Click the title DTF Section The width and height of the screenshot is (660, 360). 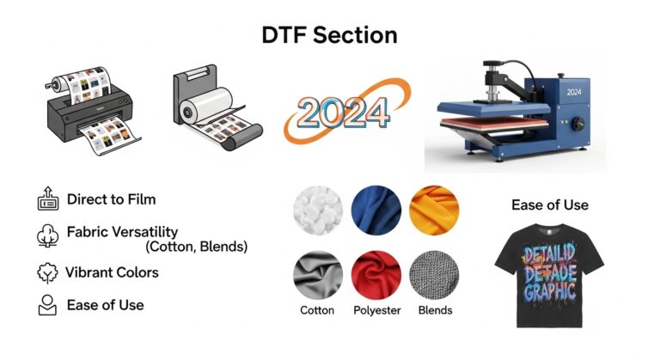pyautogui.click(x=329, y=35)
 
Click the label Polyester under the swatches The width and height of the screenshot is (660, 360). pyautogui.click(x=376, y=310)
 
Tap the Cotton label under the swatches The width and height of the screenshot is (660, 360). pyautogui.click(x=317, y=310)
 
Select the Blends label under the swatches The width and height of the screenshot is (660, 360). pyautogui.click(x=435, y=310)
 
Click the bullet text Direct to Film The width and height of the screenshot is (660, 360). pyautogui.click(x=112, y=199)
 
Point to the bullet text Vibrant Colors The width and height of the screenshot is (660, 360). pyautogui.click(x=112, y=272)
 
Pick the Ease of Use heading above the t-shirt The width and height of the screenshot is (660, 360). pyautogui.click(x=550, y=205)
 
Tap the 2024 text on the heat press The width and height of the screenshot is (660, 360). pyautogui.click(x=575, y=90)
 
